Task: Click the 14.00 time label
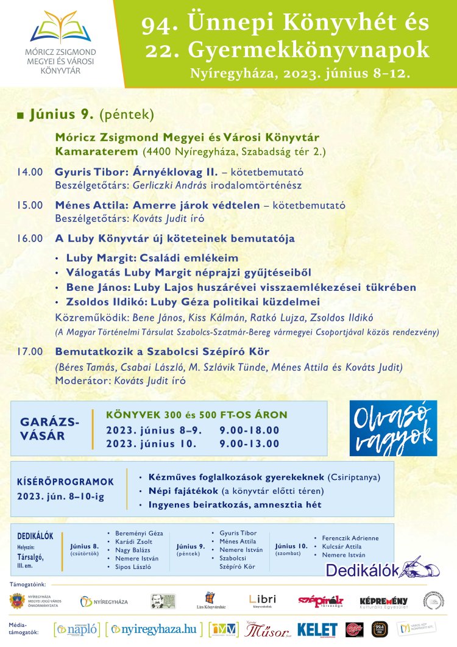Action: pos(30,173)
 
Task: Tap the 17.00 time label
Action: pos(30,352)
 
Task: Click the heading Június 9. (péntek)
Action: pos(91,114)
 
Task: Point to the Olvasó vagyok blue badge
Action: pos(393,428)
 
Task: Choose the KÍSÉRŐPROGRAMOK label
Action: pos(65,481)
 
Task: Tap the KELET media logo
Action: pos(317,629)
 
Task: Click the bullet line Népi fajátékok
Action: pos(232,490)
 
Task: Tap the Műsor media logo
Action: pos(264,629)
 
